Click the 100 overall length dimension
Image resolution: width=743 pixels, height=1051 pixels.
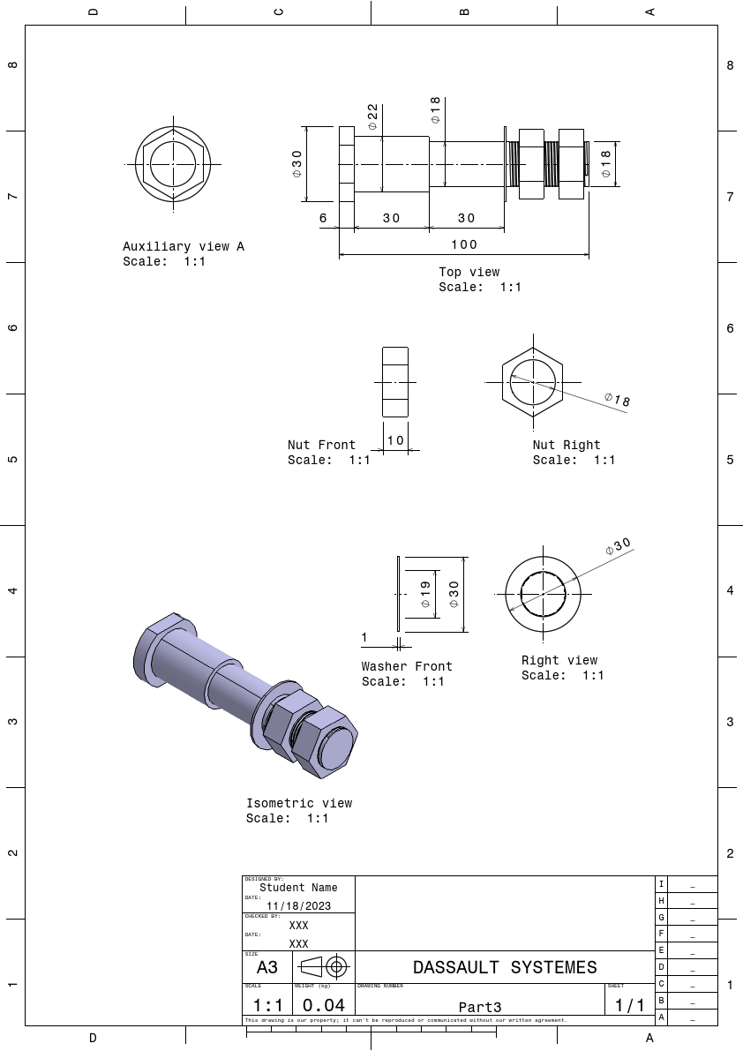point(463,244)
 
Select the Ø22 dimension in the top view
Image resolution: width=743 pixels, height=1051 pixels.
point(372,116)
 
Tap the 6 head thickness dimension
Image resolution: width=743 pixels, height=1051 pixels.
point(323,218)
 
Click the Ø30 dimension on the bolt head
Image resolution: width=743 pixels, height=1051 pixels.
point(297,163)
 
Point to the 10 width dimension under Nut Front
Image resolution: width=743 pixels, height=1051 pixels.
point(395,439)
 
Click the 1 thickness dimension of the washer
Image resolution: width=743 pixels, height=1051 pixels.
point(364,636)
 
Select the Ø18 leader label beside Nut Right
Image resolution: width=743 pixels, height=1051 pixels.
point(618,400)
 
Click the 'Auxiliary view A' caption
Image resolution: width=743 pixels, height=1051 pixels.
point(184,247)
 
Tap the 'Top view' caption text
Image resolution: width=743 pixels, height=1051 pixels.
point(469,272)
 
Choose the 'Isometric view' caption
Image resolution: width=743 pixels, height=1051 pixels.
point(299,803)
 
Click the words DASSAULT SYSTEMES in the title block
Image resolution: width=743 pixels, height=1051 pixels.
point(505,967)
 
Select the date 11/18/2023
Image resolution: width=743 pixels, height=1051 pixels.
point(299,905)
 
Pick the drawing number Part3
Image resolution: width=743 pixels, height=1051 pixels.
point(480,1007)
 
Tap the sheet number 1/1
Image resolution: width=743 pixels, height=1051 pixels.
point(629,1004)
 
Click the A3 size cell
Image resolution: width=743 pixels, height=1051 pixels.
point(267,967)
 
